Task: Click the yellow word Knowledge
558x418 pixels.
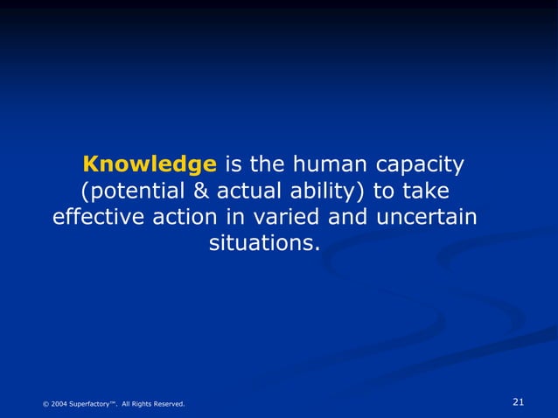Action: (149, 164)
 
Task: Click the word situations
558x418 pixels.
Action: (264, 242)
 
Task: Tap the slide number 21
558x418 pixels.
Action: (518, 402)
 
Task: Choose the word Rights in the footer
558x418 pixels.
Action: (138, 404)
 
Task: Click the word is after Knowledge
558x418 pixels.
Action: (234, 164)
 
